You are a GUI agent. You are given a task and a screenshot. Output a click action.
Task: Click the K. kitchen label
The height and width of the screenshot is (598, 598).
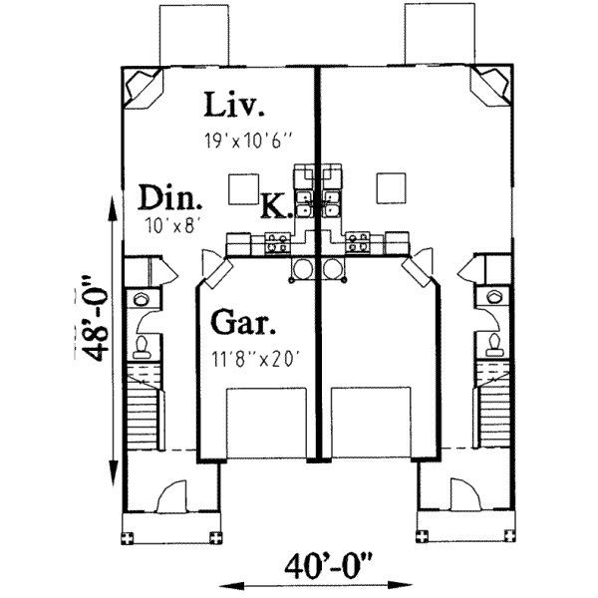pos(275,207)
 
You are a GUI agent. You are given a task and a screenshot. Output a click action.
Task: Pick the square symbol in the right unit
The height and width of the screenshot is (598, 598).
pos(391,185)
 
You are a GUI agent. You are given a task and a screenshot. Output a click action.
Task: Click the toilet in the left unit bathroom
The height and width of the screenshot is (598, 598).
pos(142,345)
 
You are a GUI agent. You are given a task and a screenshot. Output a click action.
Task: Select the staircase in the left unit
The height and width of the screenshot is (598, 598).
pos(142,408)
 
